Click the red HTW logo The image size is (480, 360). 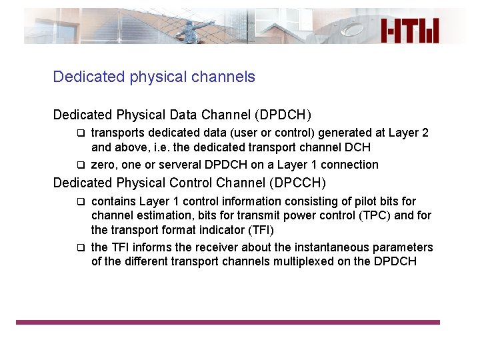pos(410,30)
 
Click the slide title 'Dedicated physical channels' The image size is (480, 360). pos(154,77)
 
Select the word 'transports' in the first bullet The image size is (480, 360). pos(117,133)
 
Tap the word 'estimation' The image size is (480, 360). pos(160,216)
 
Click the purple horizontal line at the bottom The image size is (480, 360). pos(228,323)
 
